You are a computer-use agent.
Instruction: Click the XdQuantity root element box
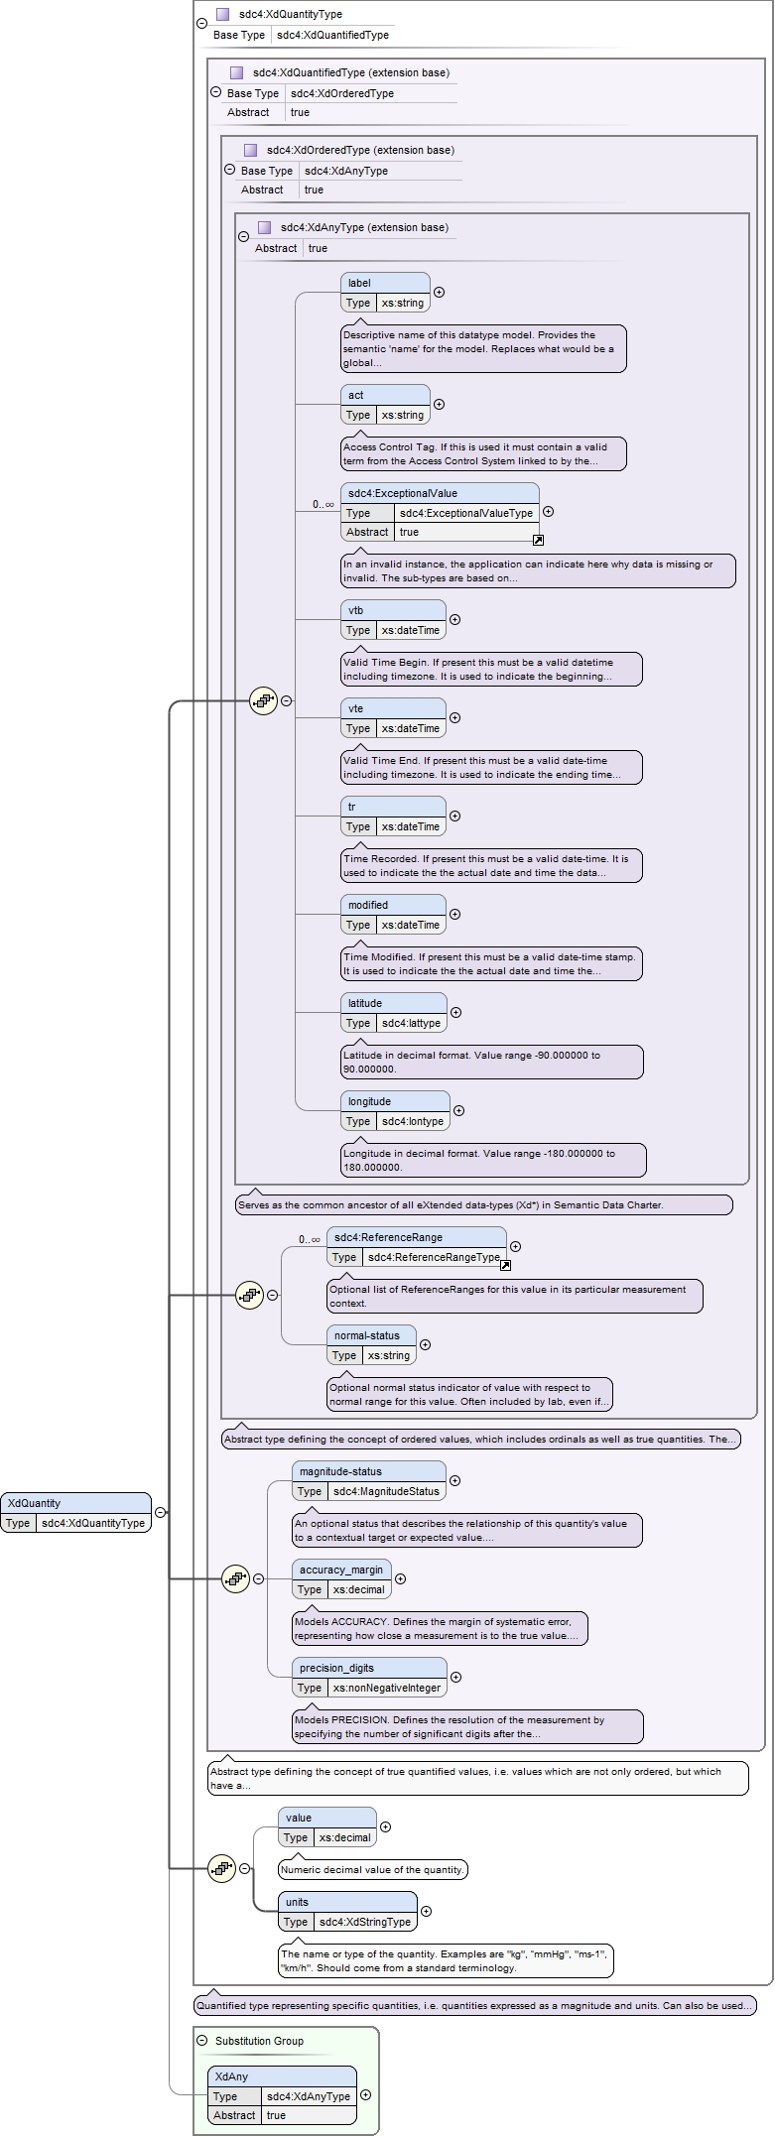pyautogui.click(x=75, y=1512)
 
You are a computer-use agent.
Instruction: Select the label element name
pyautogui.click(x=359, y=283)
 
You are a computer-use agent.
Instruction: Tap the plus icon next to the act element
pyautogui.click(x=439, y=405)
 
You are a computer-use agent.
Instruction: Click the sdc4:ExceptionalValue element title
pyautogui.click(x=402, y=493)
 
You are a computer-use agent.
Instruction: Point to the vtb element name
pyautogui.click(x=356, y=610)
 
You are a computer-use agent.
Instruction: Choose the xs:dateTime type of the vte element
pyautogui.click(x=410, y=728)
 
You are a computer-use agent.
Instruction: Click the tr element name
pyautogui.click(x=351, y=807)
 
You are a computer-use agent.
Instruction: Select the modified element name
pyautogui.click(x=367, y=905)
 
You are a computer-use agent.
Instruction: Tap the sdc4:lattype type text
pyautogui.click(x=411, y=1023)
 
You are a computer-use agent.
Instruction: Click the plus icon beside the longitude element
pyautogui.click(x=458, y=1111)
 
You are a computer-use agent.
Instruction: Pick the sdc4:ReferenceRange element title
pyautogui.click(x=388, y=1237)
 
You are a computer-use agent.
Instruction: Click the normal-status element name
pyautogui.click(x=367, y=1335)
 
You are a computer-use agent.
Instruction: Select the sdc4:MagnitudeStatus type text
pyautogui.click(x=386, y=1491)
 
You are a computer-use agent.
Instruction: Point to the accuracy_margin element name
pyautogui.click(x=341, y=1570)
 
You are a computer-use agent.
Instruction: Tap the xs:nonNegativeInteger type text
pyautogui.click(x=387, y=1688)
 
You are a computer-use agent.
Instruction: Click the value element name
pyautogui.click(x=299, y=1818)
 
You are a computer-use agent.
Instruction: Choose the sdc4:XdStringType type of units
pyautogui.click(x=365, y=1922)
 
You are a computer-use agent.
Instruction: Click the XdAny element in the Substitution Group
pyautogui.click(x=282, y=2095)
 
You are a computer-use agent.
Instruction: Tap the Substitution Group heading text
pyautogui.click(x=259, y=2041)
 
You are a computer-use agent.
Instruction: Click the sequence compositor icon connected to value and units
pyautogui.click(x=222, y=1868)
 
